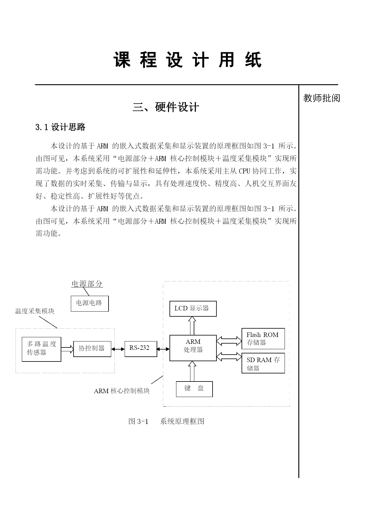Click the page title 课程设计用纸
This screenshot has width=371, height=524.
point(188,60)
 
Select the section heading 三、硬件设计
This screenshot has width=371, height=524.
point(166,107)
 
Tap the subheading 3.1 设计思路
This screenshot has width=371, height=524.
point(60,127)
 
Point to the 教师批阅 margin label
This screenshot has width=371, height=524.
point(322,98)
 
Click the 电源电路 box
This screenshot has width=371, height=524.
point(90,304)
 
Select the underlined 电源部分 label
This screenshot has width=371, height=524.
point(87,284)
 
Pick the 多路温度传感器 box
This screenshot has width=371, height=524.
point(42,349)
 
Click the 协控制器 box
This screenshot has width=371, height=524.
point(92,349)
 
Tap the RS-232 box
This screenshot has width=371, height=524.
point(141,349)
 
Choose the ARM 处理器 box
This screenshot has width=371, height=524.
point(193,348)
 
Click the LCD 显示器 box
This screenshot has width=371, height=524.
point(193,309)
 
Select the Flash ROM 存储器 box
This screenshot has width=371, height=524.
point(263,339)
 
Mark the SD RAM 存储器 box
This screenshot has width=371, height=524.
point(263,363)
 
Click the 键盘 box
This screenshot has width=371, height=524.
point(194,389)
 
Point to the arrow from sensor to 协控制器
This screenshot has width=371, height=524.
point(68,349)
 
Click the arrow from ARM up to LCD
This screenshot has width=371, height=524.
point(192,326)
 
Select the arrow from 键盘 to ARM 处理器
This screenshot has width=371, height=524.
point(192,371)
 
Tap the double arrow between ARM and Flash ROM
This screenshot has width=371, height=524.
point(229,341)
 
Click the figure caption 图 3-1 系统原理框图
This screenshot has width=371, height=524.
point(166,421)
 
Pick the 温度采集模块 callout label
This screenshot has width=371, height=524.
point(35,311)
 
